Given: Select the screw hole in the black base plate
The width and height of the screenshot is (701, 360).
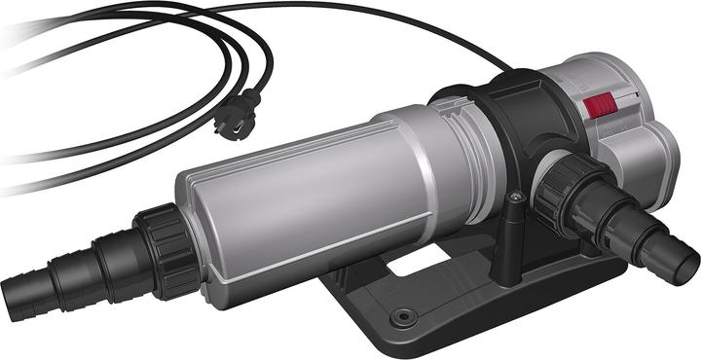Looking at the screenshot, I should (401, 317).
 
